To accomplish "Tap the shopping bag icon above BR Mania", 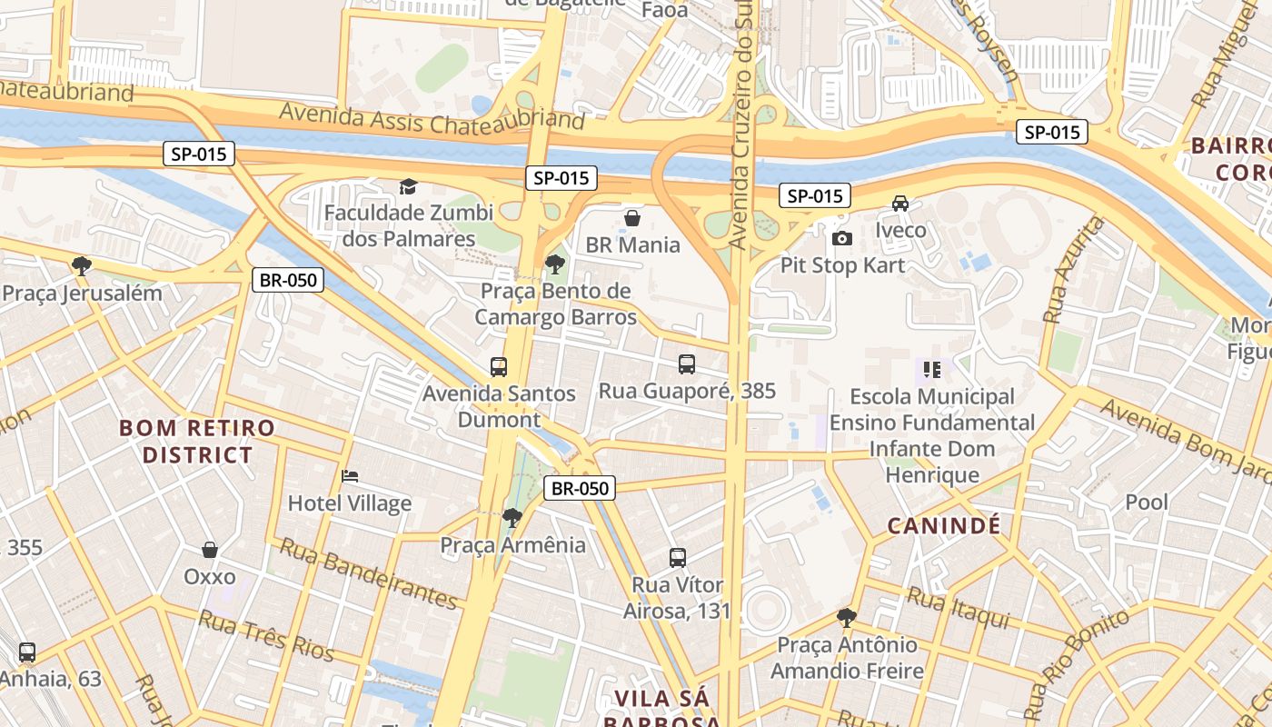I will point(632,218).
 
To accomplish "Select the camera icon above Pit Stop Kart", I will point(842,238).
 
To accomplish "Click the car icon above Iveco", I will point(900,204).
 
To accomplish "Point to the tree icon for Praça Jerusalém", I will point(82,266).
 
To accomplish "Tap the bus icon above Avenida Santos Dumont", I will point(499,367).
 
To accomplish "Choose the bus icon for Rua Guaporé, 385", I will point(687,364).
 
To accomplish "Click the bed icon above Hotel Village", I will point(350,476).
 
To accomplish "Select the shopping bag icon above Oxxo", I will point(210,550).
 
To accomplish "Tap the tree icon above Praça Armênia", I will point(512,518).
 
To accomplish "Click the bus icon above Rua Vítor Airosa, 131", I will point(678,558).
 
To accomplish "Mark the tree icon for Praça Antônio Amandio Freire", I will point(847,618).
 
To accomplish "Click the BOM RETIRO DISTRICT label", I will point(197,441).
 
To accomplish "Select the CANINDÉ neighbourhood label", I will point(944,525).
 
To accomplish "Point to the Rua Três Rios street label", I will point(266,636).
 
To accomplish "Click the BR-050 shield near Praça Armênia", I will point(581,488).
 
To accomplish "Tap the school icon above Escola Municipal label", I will point(932,370).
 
